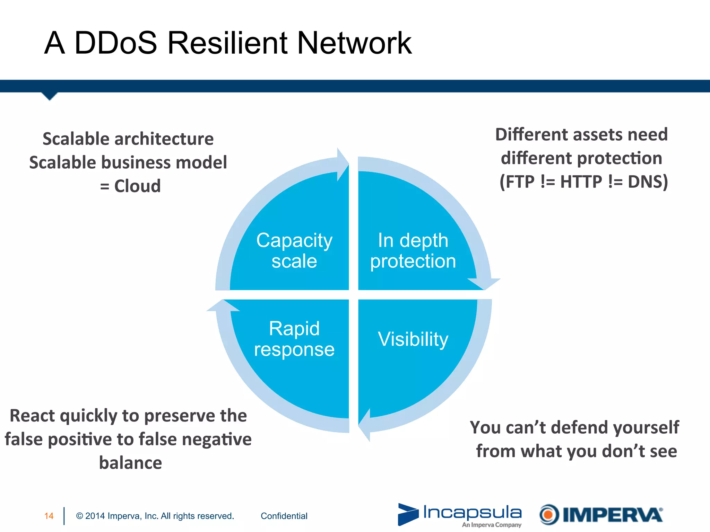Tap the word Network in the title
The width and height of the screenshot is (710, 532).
click(x=354, y=43)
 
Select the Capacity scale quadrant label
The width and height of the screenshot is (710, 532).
click(x=294, y=250)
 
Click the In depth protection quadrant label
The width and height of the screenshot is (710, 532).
click(x=413, y=250)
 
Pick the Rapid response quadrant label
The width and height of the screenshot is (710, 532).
click(x=294, y=338)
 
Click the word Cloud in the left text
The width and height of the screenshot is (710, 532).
click(x=137, y=186)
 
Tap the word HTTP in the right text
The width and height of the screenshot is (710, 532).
click(x=581, y=181)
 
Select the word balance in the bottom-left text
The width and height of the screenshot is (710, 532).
click(x=130, y=463)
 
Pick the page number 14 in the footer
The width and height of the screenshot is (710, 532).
click(x=49, y=516)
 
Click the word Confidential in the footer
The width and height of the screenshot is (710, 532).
click(x=284, y=516)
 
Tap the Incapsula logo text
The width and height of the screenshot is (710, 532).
click(x=472, y=512)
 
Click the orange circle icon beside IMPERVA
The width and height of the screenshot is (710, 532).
click(x=549, y=514)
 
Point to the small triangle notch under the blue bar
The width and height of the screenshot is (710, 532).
click(x=50, y=96)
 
